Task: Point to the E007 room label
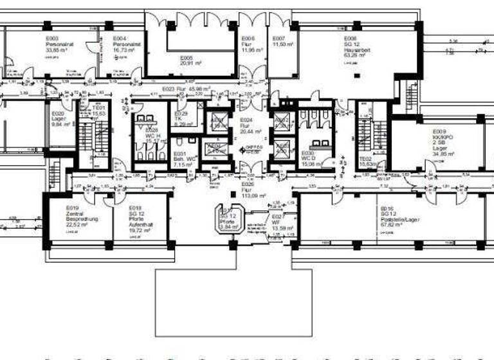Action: (x=279, y=39)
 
